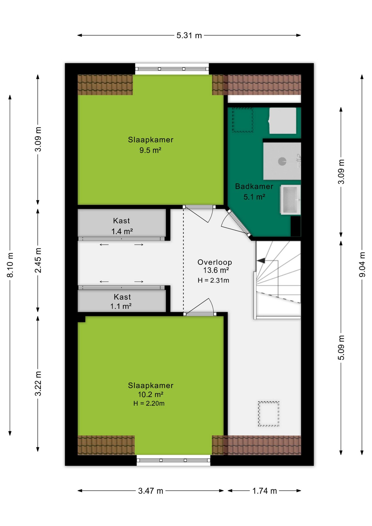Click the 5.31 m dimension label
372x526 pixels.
[189, 35]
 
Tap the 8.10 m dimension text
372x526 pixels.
[10, 265]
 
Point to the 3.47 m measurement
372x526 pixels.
[150, 491]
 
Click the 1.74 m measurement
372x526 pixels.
[264, 491]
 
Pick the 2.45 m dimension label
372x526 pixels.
[38, 260]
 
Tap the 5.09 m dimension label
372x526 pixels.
[341, 347]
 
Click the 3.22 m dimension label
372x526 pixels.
[38, 384]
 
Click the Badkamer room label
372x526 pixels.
[254, 187]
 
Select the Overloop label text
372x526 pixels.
[215, 262]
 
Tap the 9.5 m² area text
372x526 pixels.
[150, 150]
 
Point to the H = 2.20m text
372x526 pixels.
[149, 403]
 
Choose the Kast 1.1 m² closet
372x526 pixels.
[122, 301]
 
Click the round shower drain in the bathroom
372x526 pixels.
[282, 161]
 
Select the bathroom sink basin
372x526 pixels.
[290, 199]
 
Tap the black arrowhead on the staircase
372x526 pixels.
[261, 261]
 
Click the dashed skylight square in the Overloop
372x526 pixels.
[268, 414]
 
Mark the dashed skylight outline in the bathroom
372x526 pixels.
[243, 120]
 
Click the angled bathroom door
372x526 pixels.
[238, 223]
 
